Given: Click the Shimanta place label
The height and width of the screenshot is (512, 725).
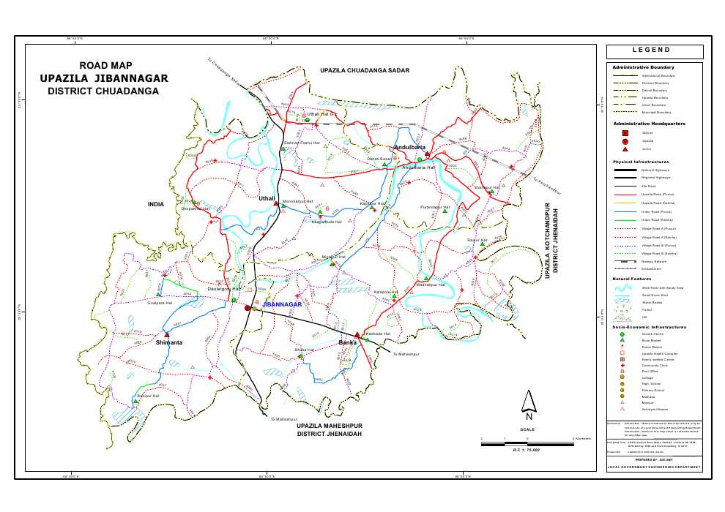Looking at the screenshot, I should point(169,342).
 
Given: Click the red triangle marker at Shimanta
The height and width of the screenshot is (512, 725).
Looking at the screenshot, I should point(167,335).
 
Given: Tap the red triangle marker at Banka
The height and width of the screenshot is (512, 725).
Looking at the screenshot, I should point(357,335).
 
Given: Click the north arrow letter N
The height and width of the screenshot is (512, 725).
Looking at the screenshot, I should point(528,417).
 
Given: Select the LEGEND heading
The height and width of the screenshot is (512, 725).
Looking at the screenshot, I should point(654,51).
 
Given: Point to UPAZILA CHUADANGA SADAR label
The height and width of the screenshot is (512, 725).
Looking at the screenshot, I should point(365,69).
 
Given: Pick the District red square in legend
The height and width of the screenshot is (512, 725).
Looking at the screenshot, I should point(625,132).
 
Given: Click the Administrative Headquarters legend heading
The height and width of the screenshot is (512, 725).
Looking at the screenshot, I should point(649,124).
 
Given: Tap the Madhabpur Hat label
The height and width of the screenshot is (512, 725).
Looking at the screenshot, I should point(431,285).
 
